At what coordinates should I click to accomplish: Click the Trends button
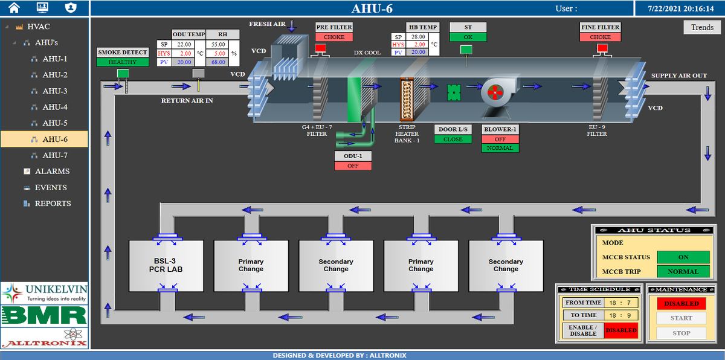(702, 28)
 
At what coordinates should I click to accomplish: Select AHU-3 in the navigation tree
(55, 91)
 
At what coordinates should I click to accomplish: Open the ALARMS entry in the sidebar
(52, 171)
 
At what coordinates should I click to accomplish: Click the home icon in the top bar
(14, 8)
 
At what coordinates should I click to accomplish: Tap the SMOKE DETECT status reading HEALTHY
(123, 62)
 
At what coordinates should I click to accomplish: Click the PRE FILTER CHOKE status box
(334, 37)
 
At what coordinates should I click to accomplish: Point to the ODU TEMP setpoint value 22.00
(184, 44)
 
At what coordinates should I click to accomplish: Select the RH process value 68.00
(218, 62)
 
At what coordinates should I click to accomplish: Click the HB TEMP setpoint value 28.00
(418, 37)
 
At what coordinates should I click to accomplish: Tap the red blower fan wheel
(495, 92)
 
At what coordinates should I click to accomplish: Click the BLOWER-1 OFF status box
(500, 139)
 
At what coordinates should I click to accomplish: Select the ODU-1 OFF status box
(353, 166)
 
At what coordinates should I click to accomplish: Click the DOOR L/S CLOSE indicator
(453, 139)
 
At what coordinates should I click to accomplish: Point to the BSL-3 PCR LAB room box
(166, 266)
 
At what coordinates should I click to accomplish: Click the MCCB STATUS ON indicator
(683, 257)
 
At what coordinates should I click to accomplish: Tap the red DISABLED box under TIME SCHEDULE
(621, 330)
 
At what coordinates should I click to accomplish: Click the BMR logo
(44, 315)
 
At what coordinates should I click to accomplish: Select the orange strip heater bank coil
(407, 99)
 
